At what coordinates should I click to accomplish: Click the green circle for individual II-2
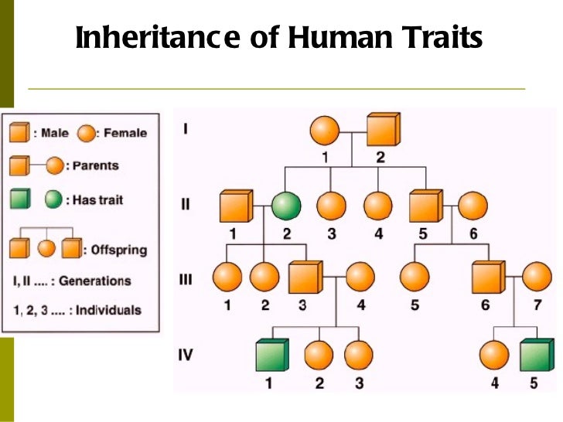pyautogui.click(x=285, y=206)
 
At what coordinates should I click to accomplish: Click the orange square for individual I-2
pyautogui.click(x=382, y=130)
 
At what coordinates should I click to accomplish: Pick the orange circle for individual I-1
pyautogui.click(x=325, y=130)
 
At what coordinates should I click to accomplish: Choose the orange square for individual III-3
pyautogui.click(x=305, y=277)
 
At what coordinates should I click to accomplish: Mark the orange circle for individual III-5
pyautogui.click(x=415, y=277)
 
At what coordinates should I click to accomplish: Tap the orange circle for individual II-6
pyautogui.click(x=473, y=206)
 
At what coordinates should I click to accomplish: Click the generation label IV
pyautogui.click(x=186, y=356)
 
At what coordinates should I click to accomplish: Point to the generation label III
pyautogui.click(x=186, y=279)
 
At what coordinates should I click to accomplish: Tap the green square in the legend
pyautogui.click(x=19, y=199)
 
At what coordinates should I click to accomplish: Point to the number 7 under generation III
pyautogui.click(x=536, y=305)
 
